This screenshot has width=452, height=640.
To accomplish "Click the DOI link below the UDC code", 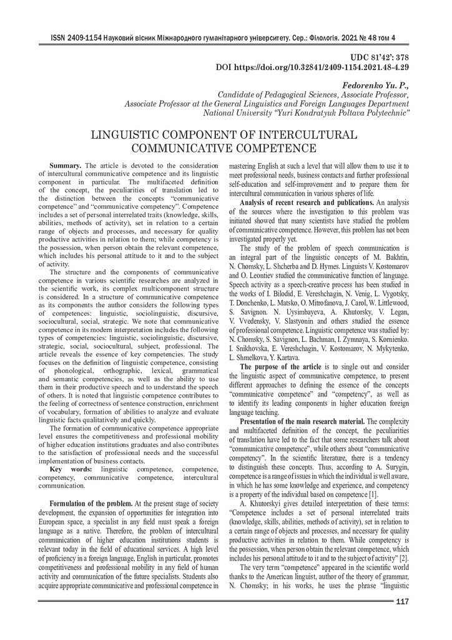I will (x=312, y=66).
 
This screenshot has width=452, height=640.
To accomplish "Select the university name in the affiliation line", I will (x=307, y=113).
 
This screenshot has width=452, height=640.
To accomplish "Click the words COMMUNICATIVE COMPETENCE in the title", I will (x=225, y=149).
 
